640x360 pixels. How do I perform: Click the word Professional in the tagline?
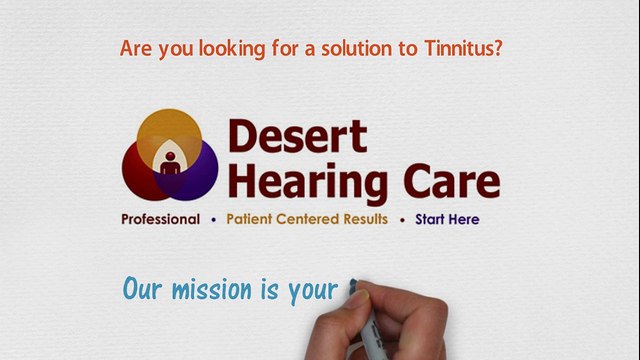(161, 219)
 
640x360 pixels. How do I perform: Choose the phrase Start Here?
(447, 219)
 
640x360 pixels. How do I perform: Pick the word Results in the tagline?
(364, 219)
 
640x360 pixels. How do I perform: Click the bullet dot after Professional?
(213, 219)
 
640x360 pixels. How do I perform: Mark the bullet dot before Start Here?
(402, 219)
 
